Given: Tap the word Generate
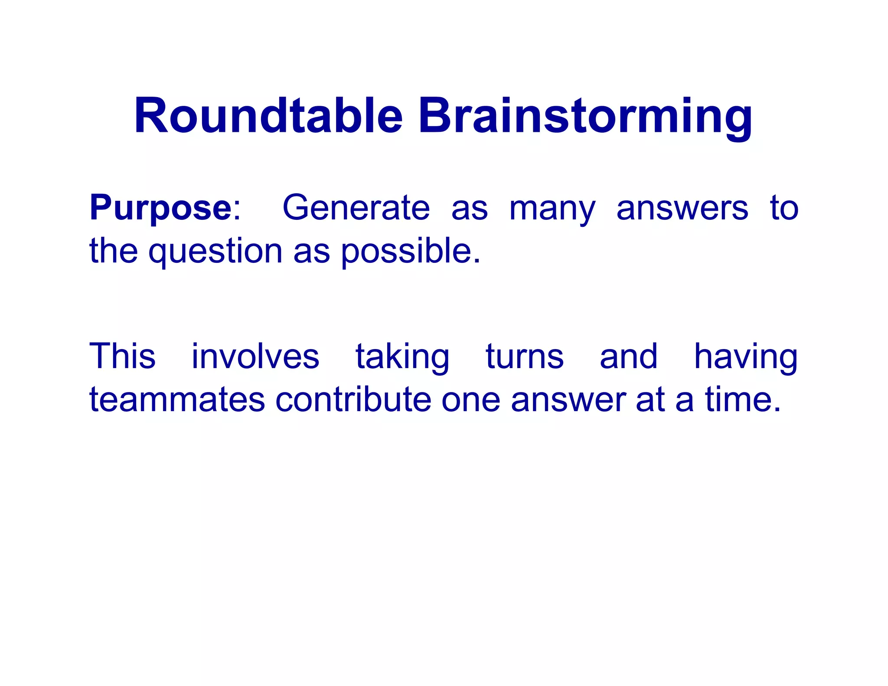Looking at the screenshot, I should point(356,208).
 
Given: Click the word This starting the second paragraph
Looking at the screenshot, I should point(122,356).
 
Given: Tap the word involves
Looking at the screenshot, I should point(255,356).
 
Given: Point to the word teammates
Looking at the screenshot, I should point(177,400).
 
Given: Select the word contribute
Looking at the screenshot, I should point(353,400).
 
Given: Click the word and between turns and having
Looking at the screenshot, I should point(628,356).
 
